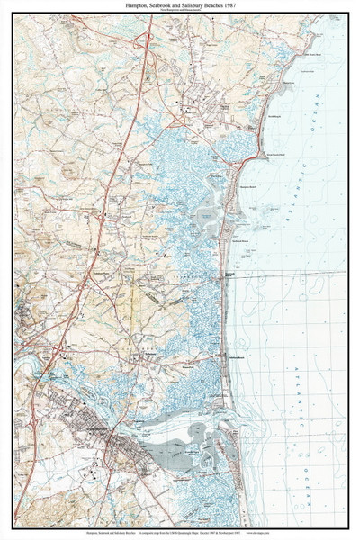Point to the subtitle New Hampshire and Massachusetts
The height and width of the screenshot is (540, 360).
[x=180, y=12]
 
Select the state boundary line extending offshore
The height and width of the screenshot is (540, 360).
[x=288, y=269]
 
